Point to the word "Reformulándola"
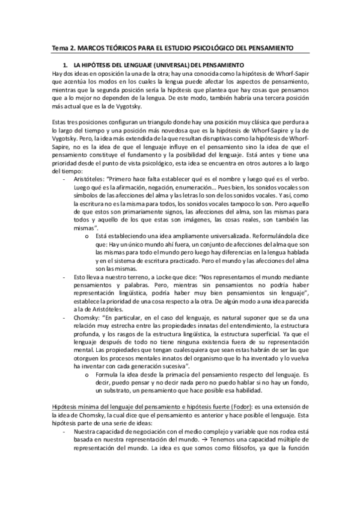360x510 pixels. (282, 236)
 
